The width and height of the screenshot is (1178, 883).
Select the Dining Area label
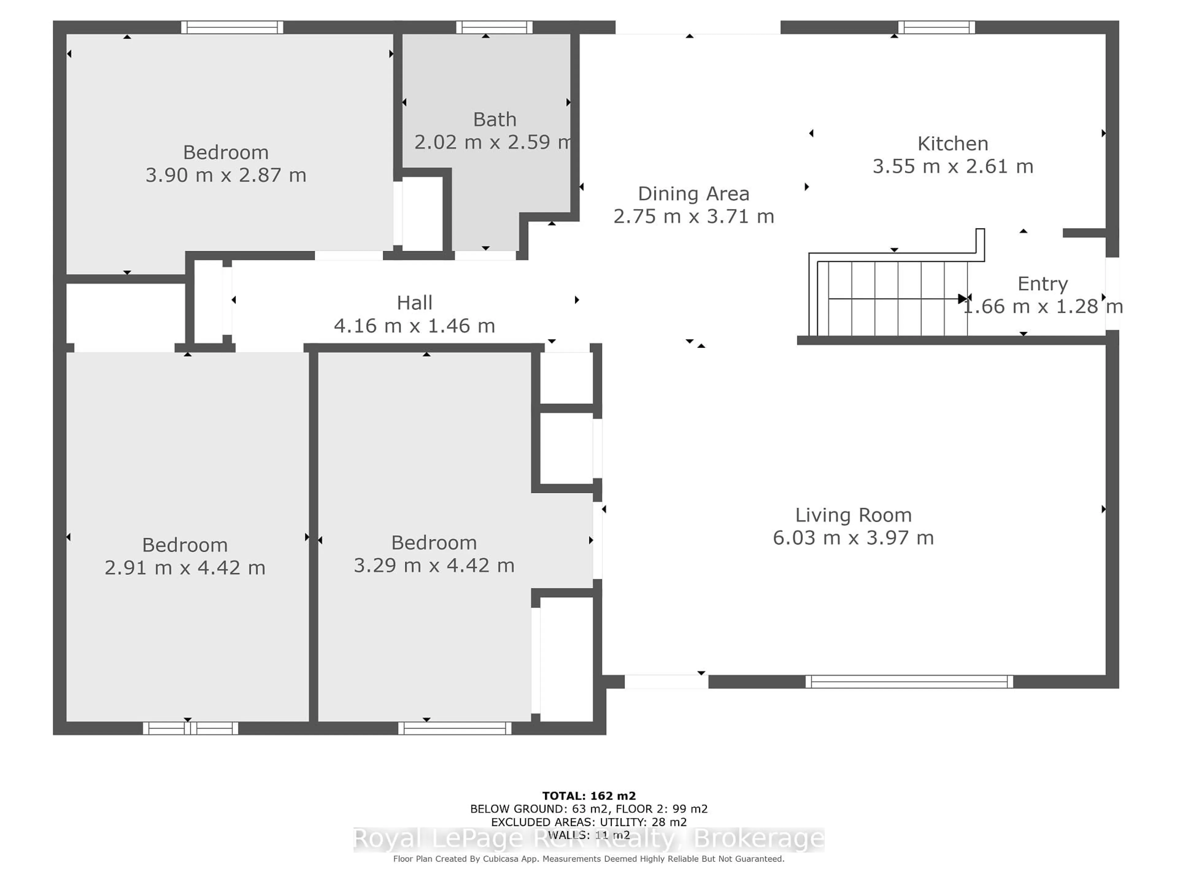693,194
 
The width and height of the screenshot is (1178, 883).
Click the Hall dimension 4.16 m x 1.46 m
414,326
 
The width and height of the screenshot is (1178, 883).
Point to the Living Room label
853,515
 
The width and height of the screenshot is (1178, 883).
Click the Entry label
1042,284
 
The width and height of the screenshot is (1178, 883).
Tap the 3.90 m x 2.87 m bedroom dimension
226,175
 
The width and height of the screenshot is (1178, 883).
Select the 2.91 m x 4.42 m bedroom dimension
185,568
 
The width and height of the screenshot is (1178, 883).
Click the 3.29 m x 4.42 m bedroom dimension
434,565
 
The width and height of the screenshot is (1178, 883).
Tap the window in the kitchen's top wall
936,27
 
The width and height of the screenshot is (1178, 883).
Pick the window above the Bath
494,27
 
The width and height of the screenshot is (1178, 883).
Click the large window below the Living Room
909,682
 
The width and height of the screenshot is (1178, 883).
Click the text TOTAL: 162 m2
588,796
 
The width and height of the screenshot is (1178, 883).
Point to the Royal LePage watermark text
588,839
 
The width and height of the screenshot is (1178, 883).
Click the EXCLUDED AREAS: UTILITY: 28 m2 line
588,822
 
